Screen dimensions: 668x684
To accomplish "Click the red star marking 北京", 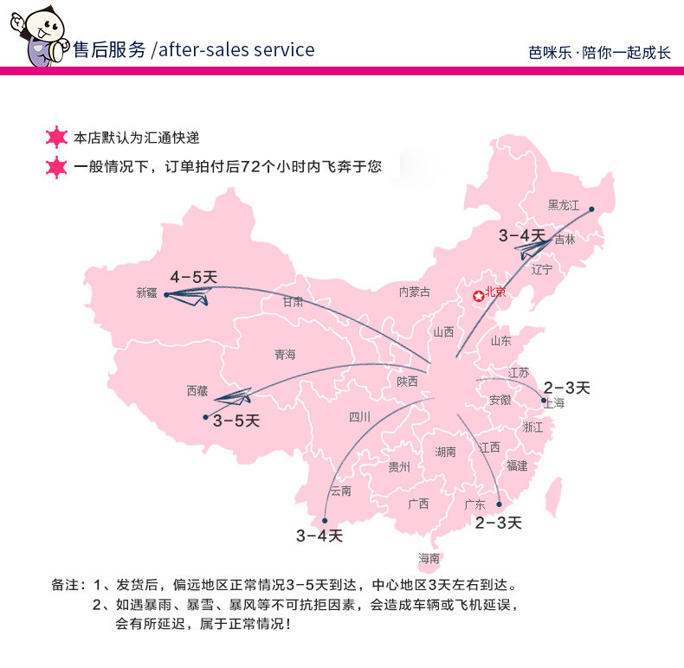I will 478,296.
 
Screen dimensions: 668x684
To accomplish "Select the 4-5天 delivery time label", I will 194,277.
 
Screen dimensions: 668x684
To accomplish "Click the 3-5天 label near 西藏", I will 236,421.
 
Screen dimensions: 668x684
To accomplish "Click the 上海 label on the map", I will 553,403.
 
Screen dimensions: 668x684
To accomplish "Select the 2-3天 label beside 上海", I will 567,387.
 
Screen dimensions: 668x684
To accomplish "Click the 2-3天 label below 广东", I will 498,523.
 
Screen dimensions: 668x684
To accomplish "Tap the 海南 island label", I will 429,558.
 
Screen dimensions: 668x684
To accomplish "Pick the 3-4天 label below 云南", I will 319,536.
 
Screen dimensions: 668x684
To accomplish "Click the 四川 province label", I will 359,417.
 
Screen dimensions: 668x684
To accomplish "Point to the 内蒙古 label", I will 414,292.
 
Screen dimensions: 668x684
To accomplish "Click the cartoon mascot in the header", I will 37,36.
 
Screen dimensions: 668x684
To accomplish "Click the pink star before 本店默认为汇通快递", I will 57,138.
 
